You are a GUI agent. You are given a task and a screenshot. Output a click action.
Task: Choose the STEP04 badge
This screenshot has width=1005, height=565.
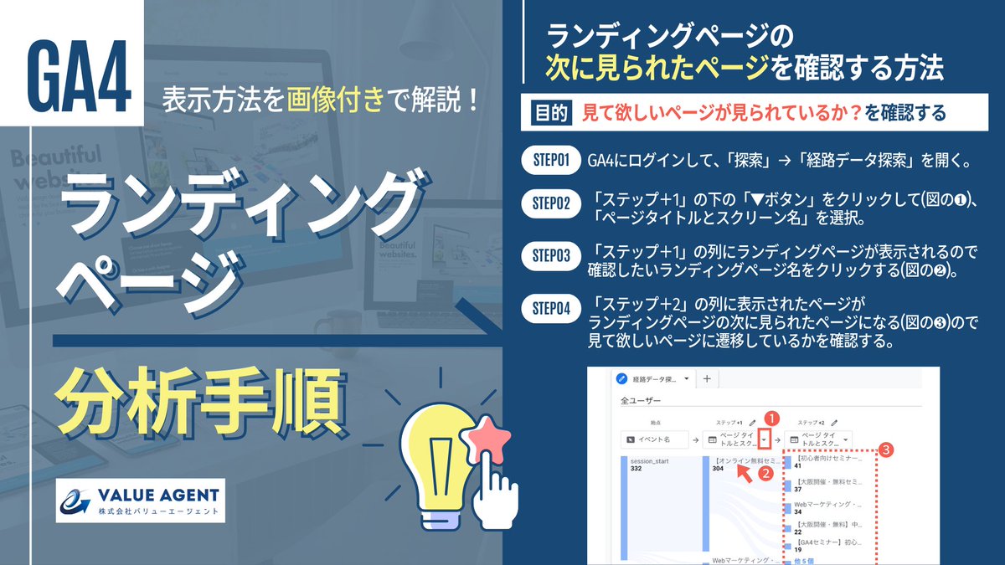click(x=551, y=309)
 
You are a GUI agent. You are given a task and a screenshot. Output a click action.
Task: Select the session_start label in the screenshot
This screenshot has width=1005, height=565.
click(x=653, y=460)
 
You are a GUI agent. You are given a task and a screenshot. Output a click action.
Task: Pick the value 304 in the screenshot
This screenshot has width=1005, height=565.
click(x=718, y=470)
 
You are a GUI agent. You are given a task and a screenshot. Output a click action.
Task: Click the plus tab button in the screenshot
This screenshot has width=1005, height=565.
click(x=706, y=379)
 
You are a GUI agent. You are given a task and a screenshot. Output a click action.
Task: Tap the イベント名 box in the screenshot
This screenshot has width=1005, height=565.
click(x=654, y=439)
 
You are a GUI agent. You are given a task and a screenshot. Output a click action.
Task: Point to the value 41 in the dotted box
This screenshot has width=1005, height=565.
click(x=798, y=466)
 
